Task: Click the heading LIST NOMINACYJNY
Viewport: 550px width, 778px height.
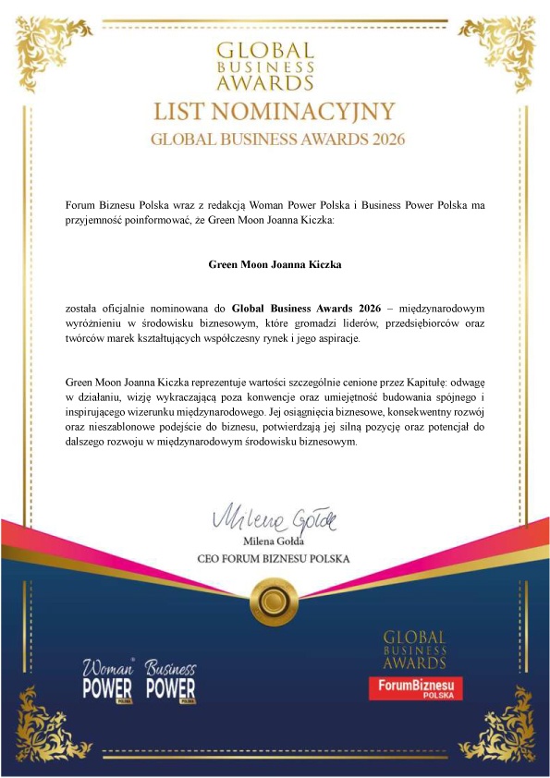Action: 275,113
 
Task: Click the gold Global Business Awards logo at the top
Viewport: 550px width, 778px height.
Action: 275,65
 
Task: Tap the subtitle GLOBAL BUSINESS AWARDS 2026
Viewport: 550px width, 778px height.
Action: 275,140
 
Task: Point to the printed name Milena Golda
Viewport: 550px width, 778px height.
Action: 275,541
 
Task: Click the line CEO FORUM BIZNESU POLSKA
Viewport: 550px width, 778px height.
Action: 275,559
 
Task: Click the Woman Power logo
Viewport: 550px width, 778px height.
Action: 109,679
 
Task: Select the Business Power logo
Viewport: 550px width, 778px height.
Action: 171,679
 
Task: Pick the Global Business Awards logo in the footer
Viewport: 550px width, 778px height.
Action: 414,649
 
